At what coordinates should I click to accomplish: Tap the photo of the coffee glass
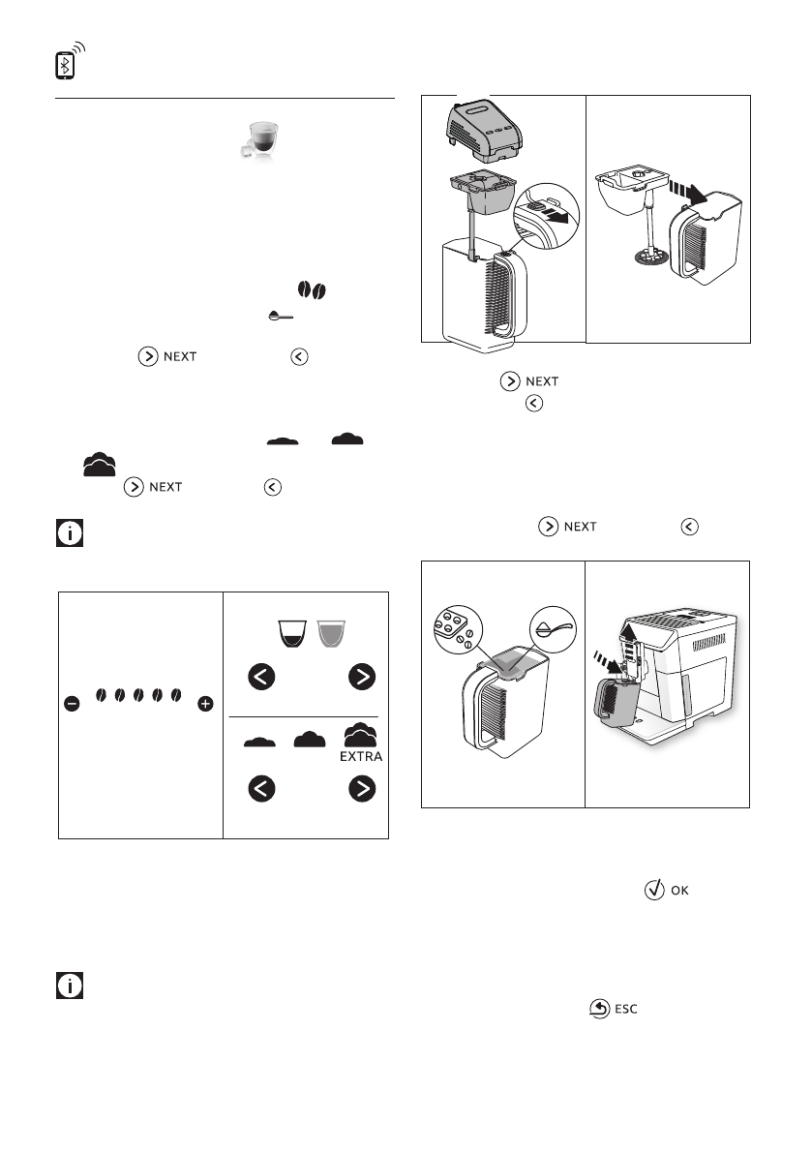pos(259,139)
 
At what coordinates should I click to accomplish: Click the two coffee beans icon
pos(312,290)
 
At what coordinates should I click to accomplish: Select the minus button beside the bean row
pos(72,704)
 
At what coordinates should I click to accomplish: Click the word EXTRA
pos(361,757)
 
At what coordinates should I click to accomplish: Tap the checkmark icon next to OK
pos(654,890)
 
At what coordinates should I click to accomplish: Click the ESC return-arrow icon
pos(600,1009)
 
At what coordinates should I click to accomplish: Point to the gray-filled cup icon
pos(331,633)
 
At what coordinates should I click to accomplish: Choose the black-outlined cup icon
pos(291,633)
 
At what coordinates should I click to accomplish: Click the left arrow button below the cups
pos(261,677)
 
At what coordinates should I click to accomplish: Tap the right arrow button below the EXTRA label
pos(362,789)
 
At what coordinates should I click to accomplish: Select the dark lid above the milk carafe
pos(484,131)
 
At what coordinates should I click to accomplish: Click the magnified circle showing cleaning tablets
pos(458,629)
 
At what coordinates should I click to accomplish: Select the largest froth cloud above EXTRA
pos(360,735)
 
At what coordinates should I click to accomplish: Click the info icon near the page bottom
pos(70,986)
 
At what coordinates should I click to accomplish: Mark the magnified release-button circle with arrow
pos(546,216)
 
